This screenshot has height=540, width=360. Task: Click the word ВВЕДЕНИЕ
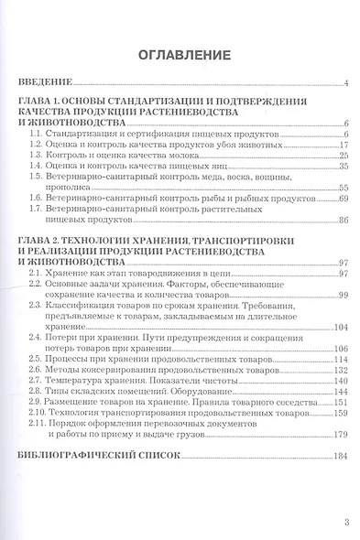tap(46, 84)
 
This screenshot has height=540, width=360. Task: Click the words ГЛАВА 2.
tap(40, 240)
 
